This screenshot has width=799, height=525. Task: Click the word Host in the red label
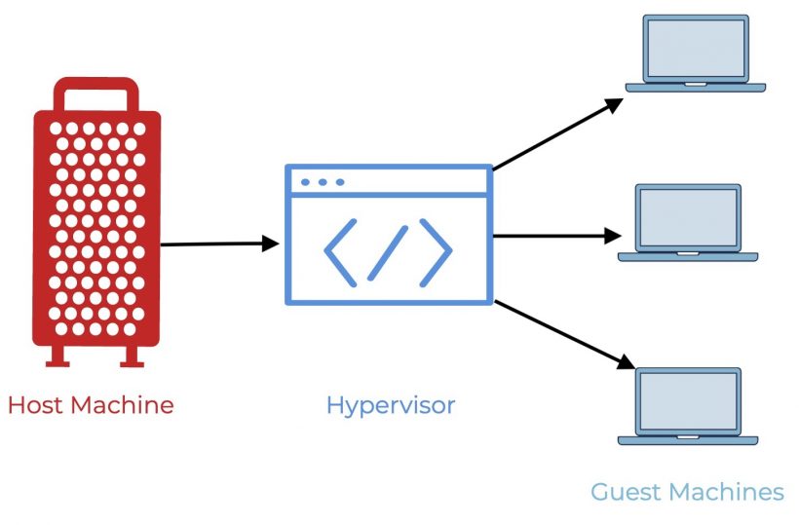[x=35, y=404]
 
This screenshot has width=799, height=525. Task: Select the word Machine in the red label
[x=121, y=404]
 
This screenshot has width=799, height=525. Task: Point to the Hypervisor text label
[x=390, y=405]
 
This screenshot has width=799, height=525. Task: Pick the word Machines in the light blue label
[x=729, y=492]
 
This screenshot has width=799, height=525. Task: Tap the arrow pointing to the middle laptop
[x=555, y=236]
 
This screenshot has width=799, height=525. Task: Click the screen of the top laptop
[x=696, y=48]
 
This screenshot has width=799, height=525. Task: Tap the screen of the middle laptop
[x=688, y=217]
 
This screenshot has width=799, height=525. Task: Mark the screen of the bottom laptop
[x=688, y=401]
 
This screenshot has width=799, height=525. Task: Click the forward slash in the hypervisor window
[x=389, y=250]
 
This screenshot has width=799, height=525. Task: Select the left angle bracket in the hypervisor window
[x=340, y=250]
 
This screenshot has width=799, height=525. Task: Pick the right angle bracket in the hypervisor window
[x=436, y=250]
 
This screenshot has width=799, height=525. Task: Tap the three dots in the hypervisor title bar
[x=323, y=182]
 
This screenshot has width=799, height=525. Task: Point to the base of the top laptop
[x=696, y=87]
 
